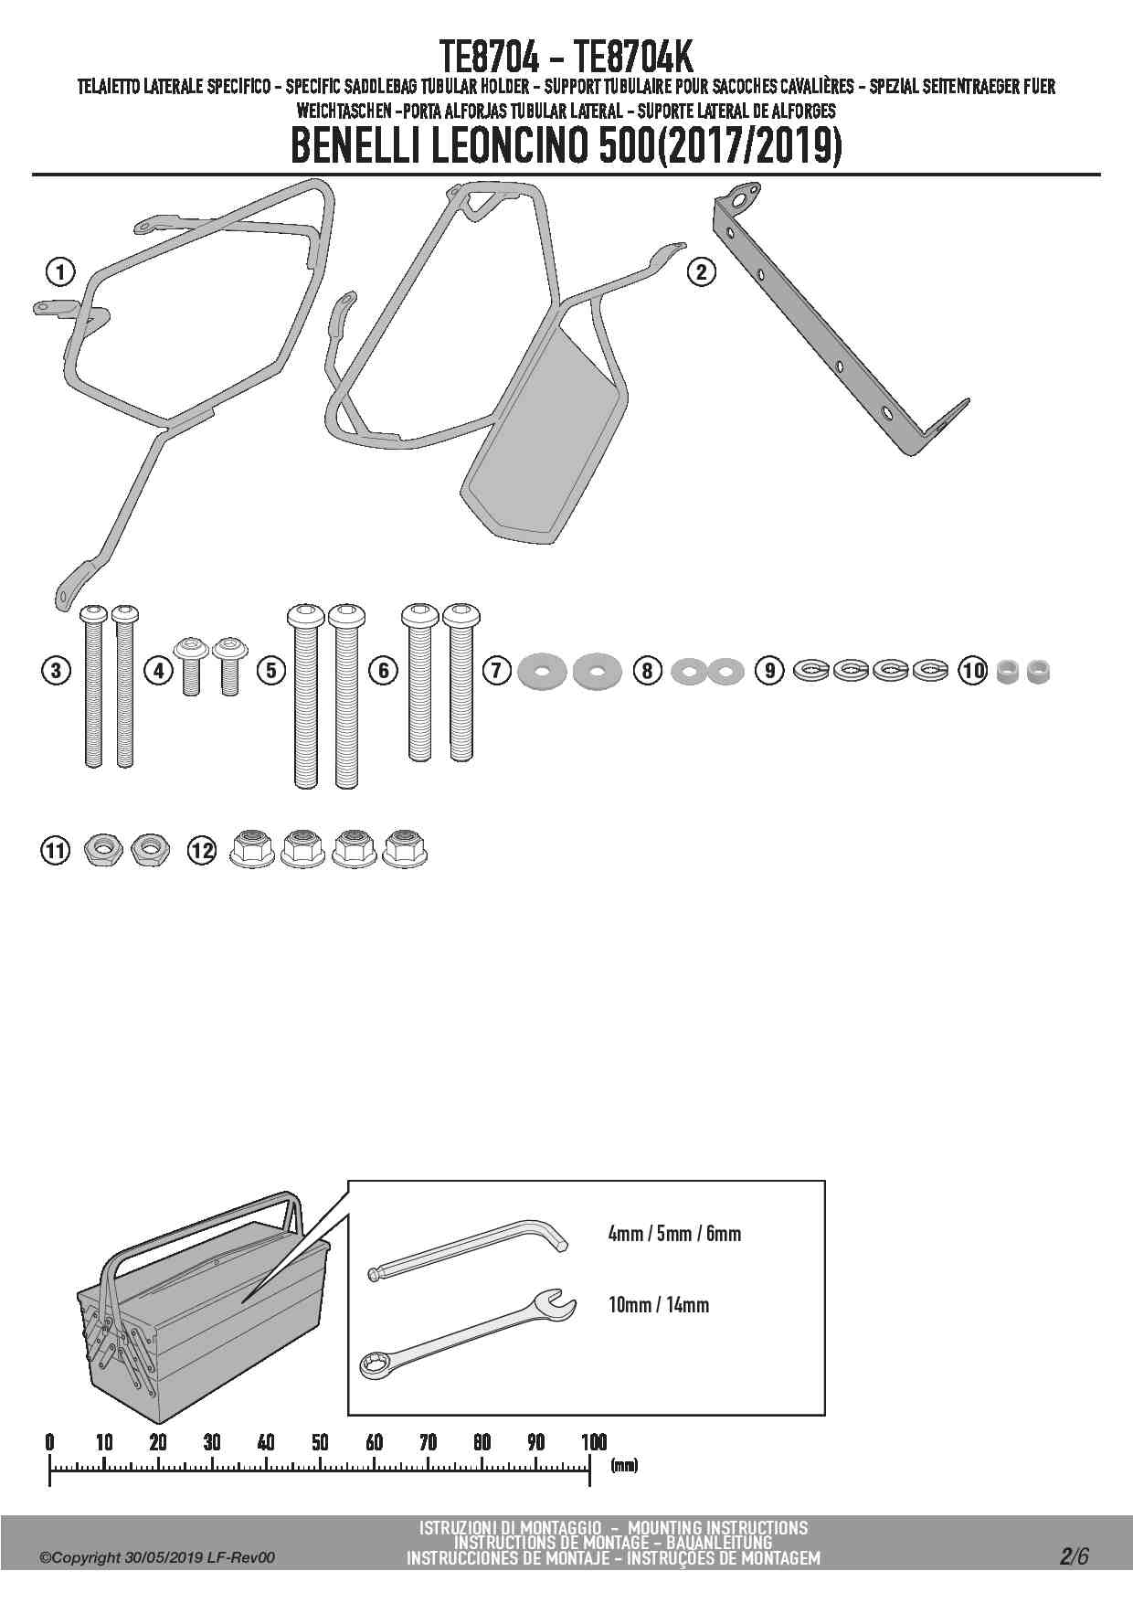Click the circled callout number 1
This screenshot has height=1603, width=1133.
pyautogui.click(x=60, y=271)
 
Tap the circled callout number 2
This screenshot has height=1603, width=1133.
pyautogui.click(x=701, y=271)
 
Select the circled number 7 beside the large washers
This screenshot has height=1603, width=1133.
pyautogui.click(x=496, y=671)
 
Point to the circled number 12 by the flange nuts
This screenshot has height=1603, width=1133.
pyautogui.click(x=202, y=851)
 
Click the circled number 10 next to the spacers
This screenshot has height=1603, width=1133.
pyautogui.click(x=973, y=671)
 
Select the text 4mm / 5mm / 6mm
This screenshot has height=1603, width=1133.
pyautogui.click(x=674, y=1234)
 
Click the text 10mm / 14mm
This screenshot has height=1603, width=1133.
pyautogui.click(x=659, y=1304)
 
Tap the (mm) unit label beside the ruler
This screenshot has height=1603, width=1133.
pyautogui.click(x=624, y=1466)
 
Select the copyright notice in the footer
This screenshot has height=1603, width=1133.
pyautogui.click(x=157, y=1558)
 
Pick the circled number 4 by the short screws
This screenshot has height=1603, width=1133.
pyautogui.click(x=159, y=671)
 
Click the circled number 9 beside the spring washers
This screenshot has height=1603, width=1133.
pyautogui.click(x=770, y=671)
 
